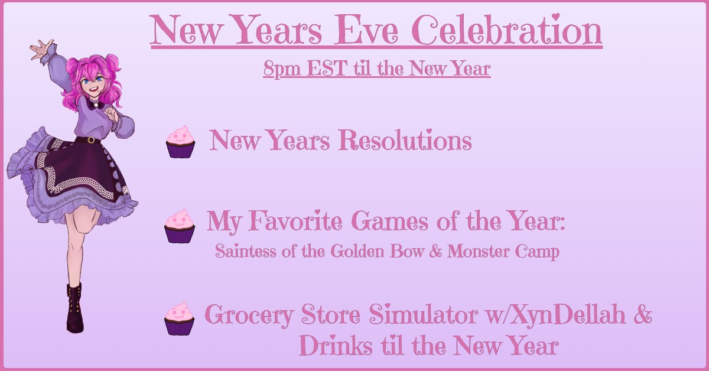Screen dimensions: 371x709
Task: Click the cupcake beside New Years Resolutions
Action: (x=180, y=142)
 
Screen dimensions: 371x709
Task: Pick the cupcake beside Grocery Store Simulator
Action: (x=179, y=318)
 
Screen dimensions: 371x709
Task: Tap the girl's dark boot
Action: (x=75, y=307)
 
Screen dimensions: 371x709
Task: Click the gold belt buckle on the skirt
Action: (x=90, y=140)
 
